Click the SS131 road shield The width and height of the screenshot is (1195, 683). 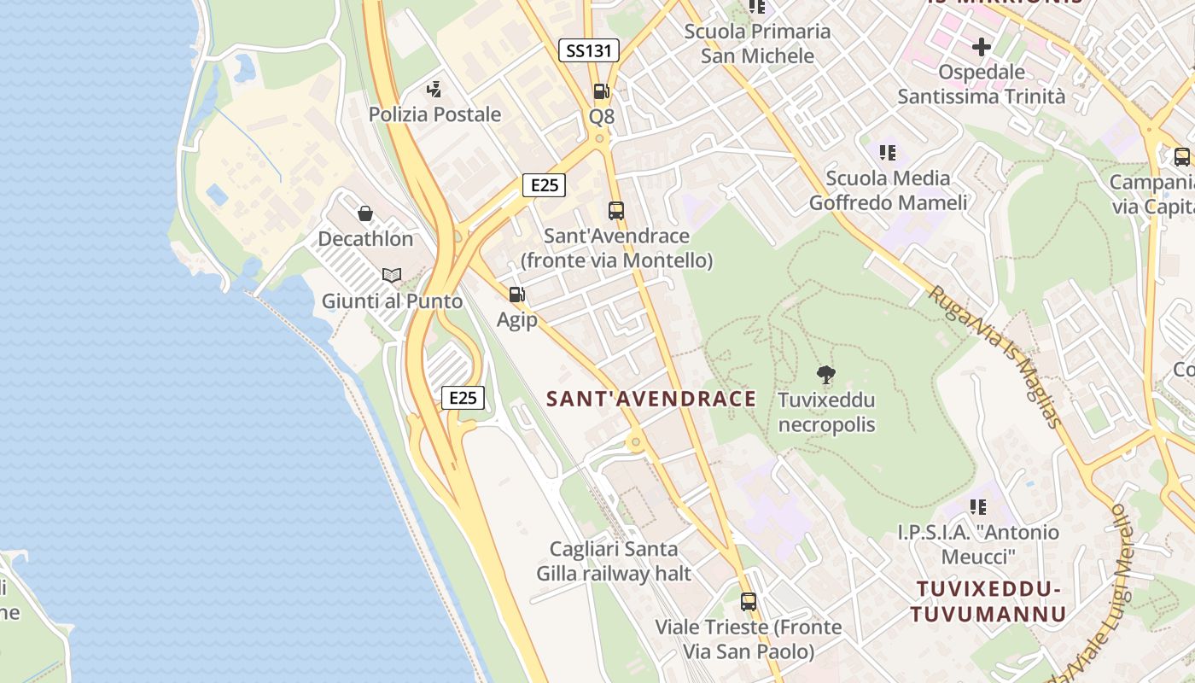pos(589,50)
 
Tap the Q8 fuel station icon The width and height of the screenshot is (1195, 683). pos(601,91)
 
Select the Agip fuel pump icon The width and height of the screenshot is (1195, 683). pos(516,295)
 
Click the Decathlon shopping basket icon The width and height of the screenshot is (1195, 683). pos(365,213)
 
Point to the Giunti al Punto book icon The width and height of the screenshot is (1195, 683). pos(392,275)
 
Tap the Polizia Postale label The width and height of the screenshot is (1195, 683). pos(434,114)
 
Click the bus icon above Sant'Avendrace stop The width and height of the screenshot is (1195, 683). pos(616,210)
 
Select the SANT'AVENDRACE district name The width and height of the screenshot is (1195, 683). pos(651,399)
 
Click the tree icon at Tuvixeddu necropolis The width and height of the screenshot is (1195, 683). pos(825,374)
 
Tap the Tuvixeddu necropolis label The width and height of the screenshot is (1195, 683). pos(826,412)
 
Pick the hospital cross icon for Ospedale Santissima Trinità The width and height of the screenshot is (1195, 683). pos(982,46)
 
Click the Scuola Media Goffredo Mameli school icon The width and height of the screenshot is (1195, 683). pos(888,153)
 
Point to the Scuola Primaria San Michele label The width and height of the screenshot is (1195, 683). pos(757,44)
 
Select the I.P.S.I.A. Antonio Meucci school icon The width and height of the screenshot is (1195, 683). pos(978,507)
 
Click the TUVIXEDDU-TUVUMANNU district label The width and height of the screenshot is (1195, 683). pos(988,601)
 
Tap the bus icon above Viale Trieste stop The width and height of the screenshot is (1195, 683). pos(749,602)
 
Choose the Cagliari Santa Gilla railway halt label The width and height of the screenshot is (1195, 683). pos(614,561)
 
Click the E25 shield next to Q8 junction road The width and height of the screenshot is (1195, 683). pos(544,185)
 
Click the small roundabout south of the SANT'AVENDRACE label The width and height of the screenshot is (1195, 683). pos(634,442)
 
